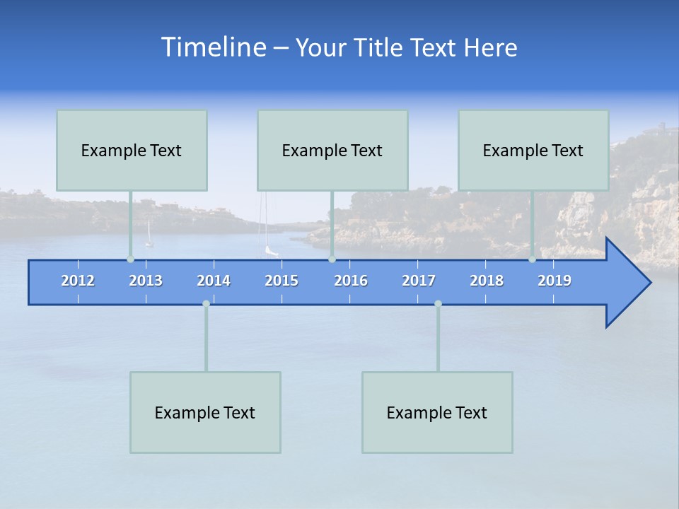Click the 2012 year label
pyautogui.click(x=78, y=281)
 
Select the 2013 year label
pyautogui.click(x=146, y=281)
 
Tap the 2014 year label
pyautogui.click(x=214, y=281)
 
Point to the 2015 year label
pyautogui.click(x=282, y=281)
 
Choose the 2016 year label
pyautogui.click(x=351, y=281)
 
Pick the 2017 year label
pyautogui.click(x=419, y=281)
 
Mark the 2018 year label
pyautogui.click(x=487, y=281)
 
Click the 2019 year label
pyautogui.click(x=555, y=281)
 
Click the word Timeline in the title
pyautogui.click(x=213, y=47)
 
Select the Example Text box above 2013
pyautogui.click(x=132, y=150)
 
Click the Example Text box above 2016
pyautogui.click(x=332, y=150)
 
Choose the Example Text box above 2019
pyautogui.click(x=533, y=150)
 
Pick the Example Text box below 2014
pyautogui.click(x=205, y=412)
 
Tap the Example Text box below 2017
pyautogui.click(x=437, y=412)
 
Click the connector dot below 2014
pyautogui.click(x=206, y=303)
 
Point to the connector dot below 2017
pyautogui.click(x=438, y=303)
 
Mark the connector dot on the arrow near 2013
pyautogui.click(x=130, y=259)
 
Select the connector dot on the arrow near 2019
pyautogui.click(x=532, y=259)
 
